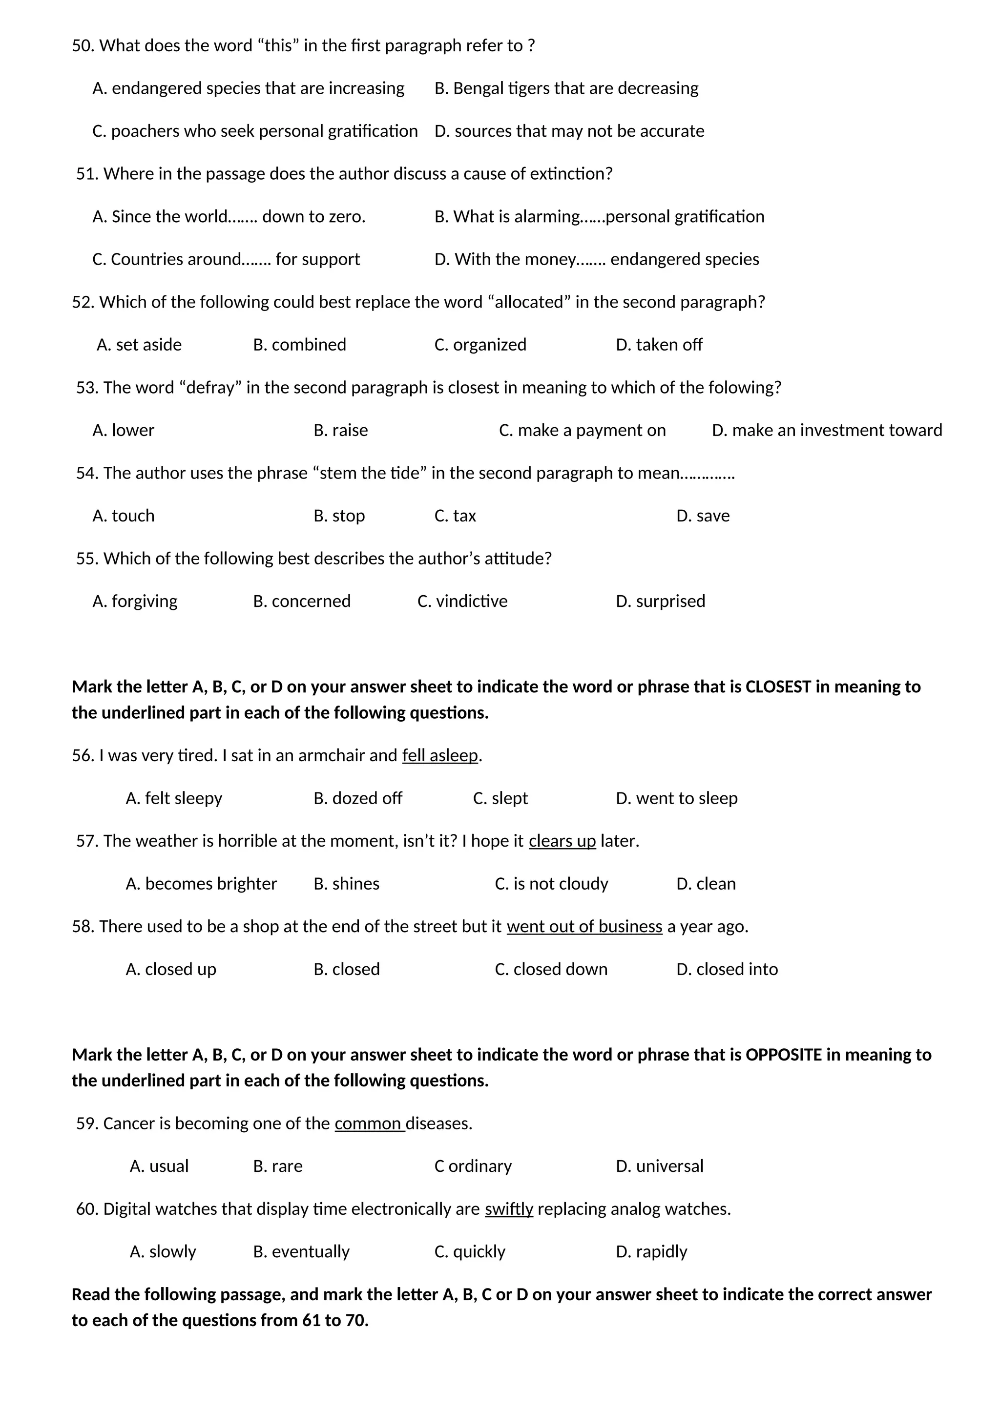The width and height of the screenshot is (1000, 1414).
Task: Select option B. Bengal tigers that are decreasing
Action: [566, 88]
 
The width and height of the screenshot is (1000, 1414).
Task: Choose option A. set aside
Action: [139, 344]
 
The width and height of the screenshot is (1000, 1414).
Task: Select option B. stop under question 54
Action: [339, 516]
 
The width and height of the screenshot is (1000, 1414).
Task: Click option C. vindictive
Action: [462, 601]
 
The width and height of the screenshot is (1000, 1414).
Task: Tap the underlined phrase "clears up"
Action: [562, 841]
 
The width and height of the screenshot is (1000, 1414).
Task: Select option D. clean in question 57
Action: [706, 884]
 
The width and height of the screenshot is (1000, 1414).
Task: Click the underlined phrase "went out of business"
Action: [584, 926]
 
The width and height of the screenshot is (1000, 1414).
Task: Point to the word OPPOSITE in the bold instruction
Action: [783, 1055]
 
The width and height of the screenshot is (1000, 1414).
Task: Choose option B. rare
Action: [278, 1166]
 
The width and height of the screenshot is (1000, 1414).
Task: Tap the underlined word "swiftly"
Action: [509, 1209]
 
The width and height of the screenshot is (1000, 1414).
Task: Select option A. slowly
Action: [163, 1251]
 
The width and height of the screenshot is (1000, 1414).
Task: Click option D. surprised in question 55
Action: [660, 601]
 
